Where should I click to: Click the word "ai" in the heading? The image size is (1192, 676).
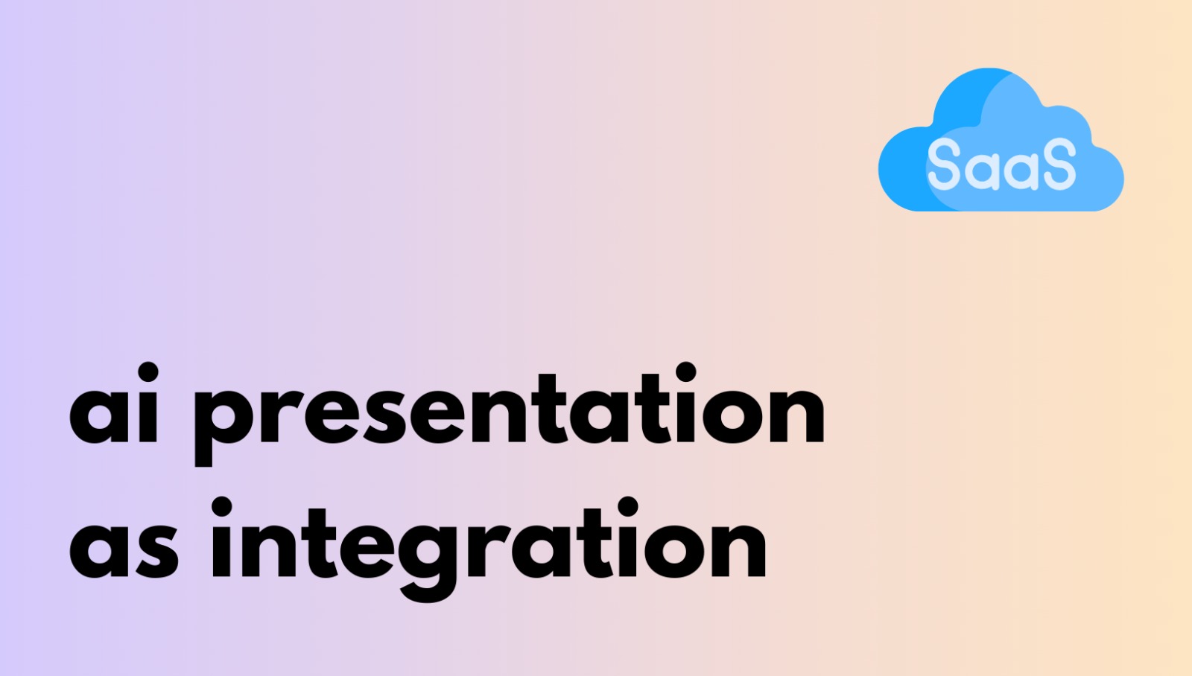[114, 404]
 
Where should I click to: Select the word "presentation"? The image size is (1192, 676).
[510, 415]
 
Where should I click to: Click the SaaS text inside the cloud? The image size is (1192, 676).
[1001, 163]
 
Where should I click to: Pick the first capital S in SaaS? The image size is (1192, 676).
[944, 163]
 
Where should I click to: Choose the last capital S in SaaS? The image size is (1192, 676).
[1059, 163]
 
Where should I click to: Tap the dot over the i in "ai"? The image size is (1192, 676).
[148, 372]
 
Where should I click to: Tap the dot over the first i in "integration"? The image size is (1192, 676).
[221, 506]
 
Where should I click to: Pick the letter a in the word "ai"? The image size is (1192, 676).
[99, 417]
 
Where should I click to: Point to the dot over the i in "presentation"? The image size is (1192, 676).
[686, 372]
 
